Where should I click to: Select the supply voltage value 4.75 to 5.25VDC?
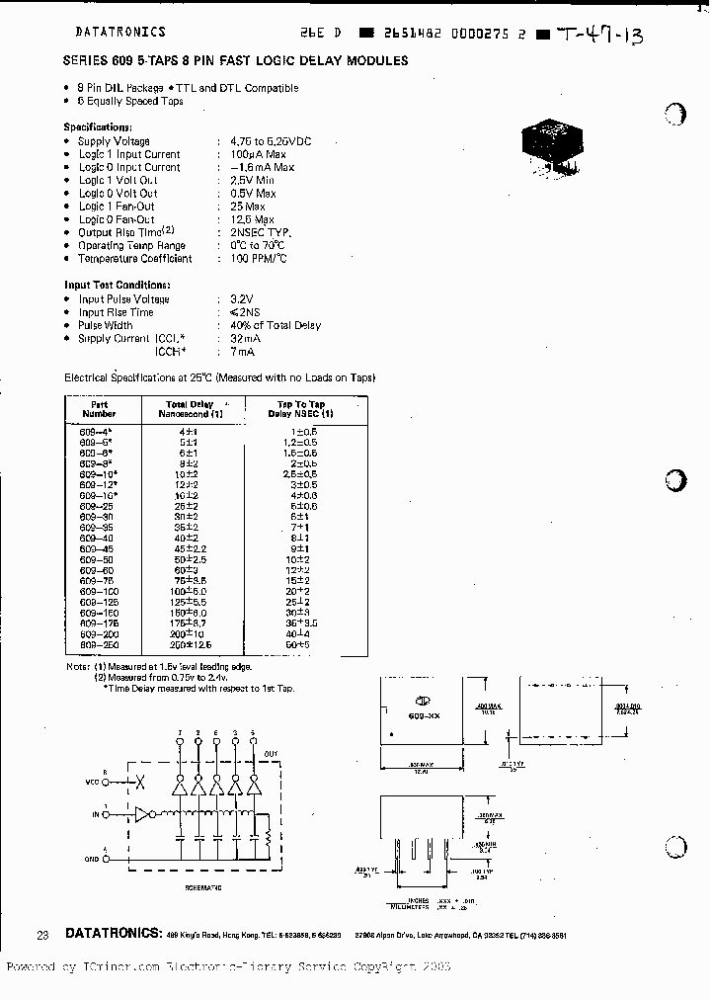[x=270, y=141]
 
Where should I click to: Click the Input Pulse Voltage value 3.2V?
[x=242, y=298]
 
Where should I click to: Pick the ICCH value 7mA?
[x=243, y=351]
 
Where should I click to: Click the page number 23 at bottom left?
[x=41, y=934]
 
